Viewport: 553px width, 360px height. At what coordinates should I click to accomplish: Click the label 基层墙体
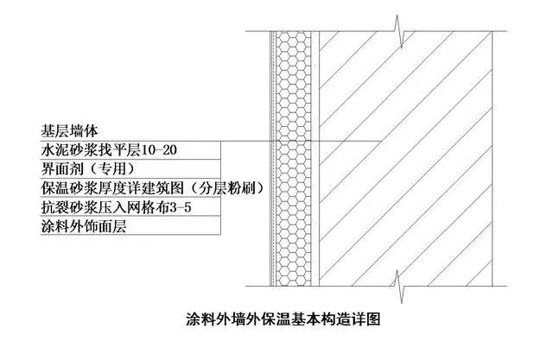(69, 131)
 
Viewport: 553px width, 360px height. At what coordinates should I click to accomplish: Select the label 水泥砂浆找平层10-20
(109, 150)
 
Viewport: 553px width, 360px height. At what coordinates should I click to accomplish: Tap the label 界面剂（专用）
(88, 168)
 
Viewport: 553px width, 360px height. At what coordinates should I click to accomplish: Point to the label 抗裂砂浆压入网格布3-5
(116, 207)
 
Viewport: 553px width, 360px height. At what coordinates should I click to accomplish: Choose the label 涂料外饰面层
(84, 226)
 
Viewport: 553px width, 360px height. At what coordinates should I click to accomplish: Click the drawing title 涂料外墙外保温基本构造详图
(283, 319)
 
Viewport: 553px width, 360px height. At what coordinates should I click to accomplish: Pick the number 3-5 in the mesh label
(181, 207)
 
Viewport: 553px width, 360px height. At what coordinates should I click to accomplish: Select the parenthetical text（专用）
(112, 168)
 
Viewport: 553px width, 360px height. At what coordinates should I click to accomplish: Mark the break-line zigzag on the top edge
(399, 32)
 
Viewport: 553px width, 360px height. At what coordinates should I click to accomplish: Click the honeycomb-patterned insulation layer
(294, 159)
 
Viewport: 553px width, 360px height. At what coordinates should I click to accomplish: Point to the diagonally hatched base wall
(405, 159)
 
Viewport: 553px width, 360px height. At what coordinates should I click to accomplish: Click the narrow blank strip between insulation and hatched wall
(315, 159)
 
